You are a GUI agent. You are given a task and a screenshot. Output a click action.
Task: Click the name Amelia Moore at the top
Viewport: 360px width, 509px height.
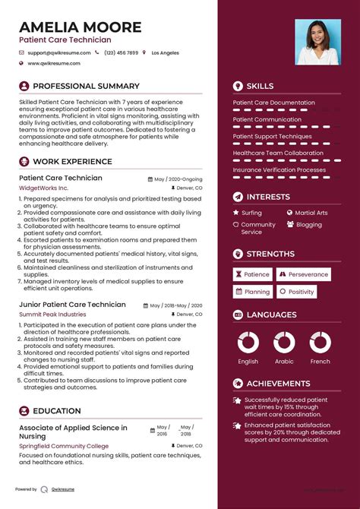click(x=81, y=27)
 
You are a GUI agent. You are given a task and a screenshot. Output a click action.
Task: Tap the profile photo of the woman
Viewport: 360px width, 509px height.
click(x=317, y=42)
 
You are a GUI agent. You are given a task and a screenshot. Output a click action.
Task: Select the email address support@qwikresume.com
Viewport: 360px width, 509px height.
click(x=59, y=53)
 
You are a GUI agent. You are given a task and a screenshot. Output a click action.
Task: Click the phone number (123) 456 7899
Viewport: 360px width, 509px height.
click(x=122, y=53)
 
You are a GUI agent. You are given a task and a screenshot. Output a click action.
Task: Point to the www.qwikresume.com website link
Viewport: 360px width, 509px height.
click(x=60, y=64)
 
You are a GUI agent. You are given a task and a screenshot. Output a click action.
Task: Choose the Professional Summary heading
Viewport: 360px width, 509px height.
click(x=86, y=87)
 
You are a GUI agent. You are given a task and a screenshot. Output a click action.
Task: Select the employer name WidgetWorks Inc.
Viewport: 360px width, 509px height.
click(x=43, y=187)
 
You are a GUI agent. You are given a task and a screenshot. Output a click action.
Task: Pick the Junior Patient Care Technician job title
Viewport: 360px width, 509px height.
click(x=72, y=305)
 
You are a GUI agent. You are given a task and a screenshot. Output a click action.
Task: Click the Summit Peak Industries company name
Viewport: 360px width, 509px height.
click(x=52, y=314)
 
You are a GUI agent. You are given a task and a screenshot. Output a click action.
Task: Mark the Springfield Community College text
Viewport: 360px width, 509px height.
click(x=64, y=446)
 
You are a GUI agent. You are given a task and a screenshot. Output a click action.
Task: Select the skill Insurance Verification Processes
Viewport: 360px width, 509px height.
click(x=279, y=170)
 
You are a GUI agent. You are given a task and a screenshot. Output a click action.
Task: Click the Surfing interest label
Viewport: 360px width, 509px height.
click(x=251, y=213)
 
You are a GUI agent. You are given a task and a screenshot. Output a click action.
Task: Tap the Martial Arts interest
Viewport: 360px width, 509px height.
click(x=311, y=213)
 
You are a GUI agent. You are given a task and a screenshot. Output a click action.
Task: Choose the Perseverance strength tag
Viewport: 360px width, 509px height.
click(x=308, y=274)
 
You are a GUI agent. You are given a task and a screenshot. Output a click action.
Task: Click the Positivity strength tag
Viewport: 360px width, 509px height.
click(x=301, y=292)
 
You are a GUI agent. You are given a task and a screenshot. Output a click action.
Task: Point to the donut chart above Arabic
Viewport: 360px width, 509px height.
click(x=284, y=342)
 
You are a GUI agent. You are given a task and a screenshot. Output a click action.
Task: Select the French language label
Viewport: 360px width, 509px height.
click(x=321, y=362)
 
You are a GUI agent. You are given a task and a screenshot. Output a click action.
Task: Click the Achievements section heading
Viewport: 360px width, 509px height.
click(x=278, y=384)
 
